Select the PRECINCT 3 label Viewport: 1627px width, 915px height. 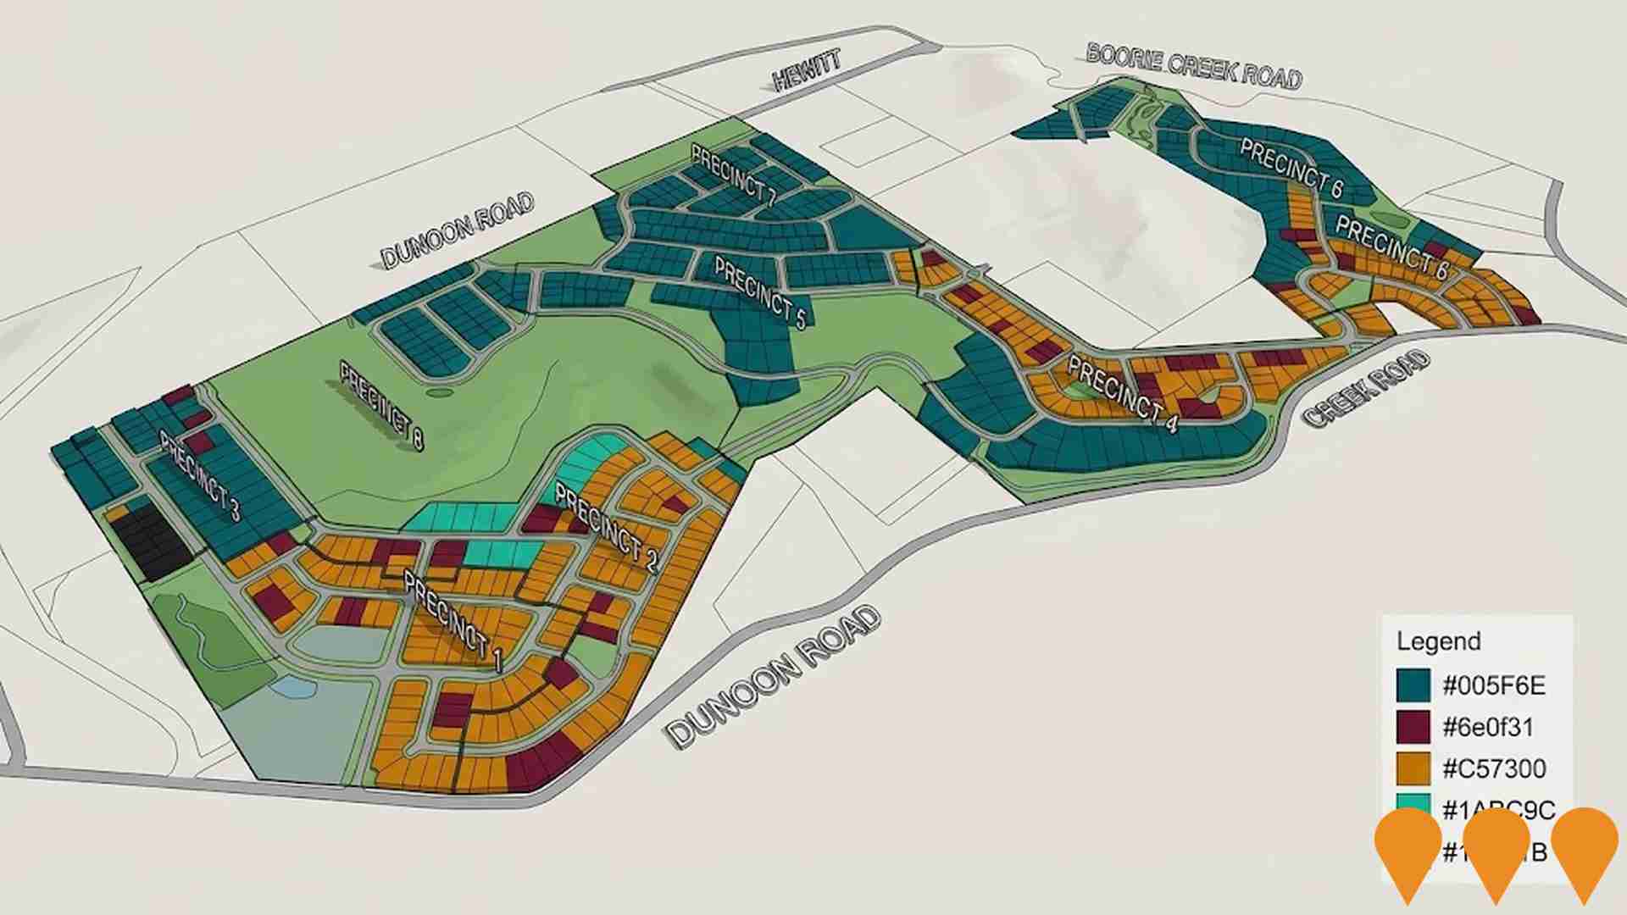[x=200, y=477]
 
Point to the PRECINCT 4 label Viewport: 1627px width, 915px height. [x=1122, y=393]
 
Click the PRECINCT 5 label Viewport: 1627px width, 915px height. [x=759, y=291]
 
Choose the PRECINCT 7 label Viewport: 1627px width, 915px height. [x=734, y=175]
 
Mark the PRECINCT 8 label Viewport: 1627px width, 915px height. [x=381, y=405]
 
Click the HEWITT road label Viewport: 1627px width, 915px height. [x=808, y=70]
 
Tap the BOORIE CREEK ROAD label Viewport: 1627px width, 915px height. [x=1193, y=66]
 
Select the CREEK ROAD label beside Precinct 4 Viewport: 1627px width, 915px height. [x=1366, y=388]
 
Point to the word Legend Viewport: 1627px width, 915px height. [x=1438, y=641]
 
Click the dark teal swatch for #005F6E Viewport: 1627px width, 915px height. [x=1413, y=685]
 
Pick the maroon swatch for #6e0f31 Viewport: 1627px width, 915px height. [x=1413, y=727]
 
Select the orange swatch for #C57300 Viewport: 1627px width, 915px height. [x=1413, y=768]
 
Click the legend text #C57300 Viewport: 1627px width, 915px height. [x=1494, y=768]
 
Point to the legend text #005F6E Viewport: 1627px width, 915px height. [x=1494, y=685]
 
